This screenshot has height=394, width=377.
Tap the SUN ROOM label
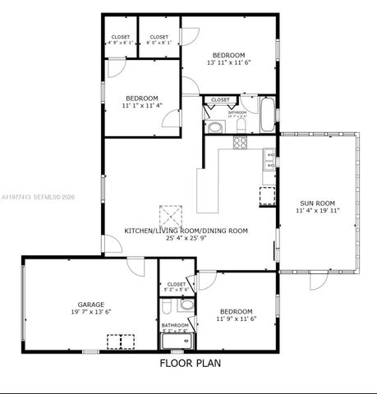click(316, 203)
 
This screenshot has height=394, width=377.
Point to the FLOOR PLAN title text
click(190, 362)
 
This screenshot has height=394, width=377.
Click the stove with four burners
click(241, 143)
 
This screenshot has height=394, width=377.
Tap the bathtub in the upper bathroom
click(269, 114)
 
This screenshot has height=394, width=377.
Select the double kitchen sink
click(269, 159)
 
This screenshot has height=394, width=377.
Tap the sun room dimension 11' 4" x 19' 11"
click(316, 211)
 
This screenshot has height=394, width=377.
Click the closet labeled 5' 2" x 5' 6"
click(177, 286)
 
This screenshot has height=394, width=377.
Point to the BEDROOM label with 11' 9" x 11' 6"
click(235, 311)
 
